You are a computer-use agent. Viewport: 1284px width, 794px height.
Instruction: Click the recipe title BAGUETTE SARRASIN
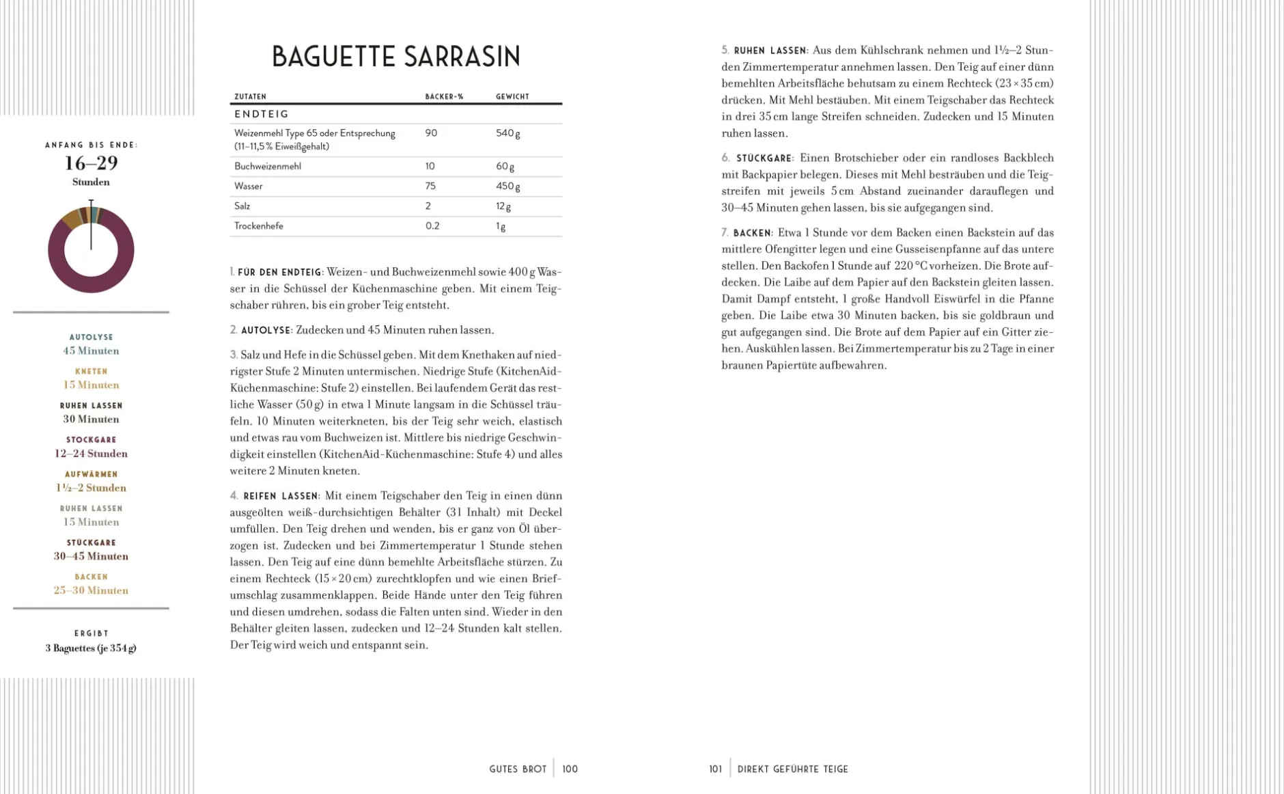tap(396, 57)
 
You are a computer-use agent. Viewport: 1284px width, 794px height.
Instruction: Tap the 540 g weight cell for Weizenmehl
tap(507, 133)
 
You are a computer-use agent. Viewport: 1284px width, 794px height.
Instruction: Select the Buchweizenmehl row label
tap(267, 166)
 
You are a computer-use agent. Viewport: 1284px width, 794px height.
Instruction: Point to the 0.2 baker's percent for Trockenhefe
tap(432, 225)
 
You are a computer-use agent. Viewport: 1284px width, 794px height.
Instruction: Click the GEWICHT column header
tap(512, 96)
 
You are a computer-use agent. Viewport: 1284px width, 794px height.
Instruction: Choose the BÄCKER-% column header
tap(444, 96)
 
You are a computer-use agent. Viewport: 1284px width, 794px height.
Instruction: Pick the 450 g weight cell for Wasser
tap(507, 186)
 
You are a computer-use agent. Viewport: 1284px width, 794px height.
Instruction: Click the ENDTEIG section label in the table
tap(262, 114)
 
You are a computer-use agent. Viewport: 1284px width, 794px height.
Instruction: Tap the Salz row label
tap(242, 206)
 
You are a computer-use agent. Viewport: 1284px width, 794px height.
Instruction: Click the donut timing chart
tap(91, 249)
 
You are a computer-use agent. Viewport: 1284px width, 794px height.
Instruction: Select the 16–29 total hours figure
tap(91, 163)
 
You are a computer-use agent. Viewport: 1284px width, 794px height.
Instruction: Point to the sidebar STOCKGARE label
tap(91, 439)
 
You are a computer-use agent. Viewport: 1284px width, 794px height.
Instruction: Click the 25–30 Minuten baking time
tap(91, 590)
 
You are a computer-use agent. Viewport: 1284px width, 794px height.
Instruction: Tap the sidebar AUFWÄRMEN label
tap(91, 474)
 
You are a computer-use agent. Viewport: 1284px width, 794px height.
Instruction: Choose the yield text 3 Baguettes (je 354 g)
tap(91, 648)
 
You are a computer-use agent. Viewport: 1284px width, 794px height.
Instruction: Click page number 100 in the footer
tap(570, 769)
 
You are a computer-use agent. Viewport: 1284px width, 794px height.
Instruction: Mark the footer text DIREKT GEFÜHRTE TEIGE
tap(792, 769)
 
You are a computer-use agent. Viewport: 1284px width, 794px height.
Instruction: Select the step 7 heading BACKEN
tap(752, 233)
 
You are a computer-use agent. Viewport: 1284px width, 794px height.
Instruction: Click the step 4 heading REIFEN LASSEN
tap(281, 496)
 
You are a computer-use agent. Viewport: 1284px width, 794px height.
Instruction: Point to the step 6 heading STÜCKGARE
tap(764, 159)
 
